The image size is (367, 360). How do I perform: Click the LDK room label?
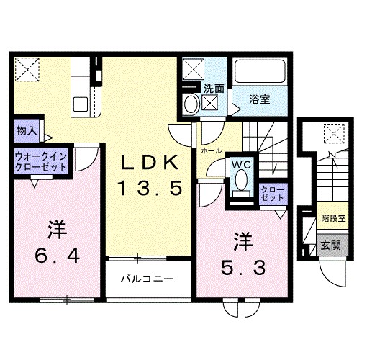pyautogui.click(x=148, y=163)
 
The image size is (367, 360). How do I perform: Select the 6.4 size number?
pyautogui.click(x=57, y=254)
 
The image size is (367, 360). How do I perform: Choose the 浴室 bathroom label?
pyautogui.click(x=260, y=99)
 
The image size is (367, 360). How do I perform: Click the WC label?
pyautogui.click(x=240, y=164)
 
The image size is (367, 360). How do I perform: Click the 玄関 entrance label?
pyautogui.click(x=331, y=245)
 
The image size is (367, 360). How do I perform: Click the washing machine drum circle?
pyautogui.click(x=191, y=104)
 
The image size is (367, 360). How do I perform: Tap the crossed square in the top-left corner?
pyautogui.click(x=29, y=69)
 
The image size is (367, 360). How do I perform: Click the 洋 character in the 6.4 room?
pyautogui.click(x=57, y=230)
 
